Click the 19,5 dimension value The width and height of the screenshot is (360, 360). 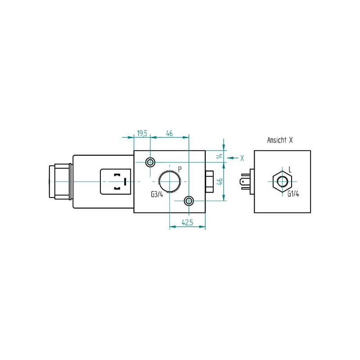[x=142, y=133]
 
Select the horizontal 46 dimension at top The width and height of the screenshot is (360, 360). [x=169, y=133]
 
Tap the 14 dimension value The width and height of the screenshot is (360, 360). [x=220, y=156]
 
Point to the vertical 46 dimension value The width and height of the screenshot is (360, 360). [x=220, y=181]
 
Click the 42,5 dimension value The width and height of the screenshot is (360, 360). [x=187, y=222]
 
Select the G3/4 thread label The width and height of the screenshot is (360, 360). [x=157, y=194]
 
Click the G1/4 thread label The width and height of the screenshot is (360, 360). [x=293, y=194]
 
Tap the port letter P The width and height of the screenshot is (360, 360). [x=180, y=170]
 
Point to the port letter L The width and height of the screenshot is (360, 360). [x=290, y=170]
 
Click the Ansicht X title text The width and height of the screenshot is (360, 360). [x=280, y=140]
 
